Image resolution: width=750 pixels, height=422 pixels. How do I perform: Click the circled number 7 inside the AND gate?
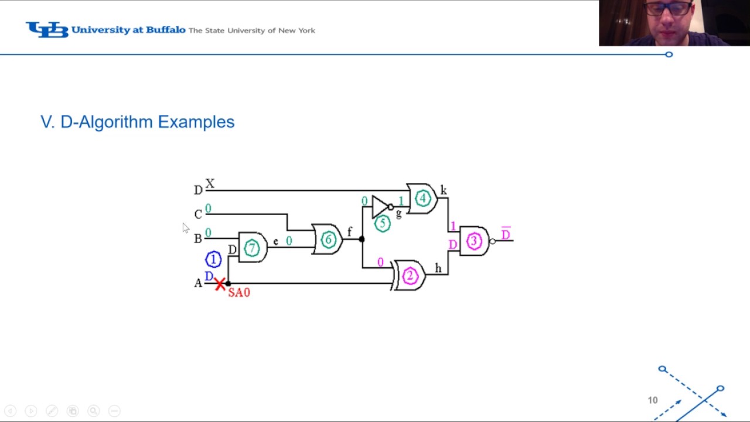[x=252, y=248]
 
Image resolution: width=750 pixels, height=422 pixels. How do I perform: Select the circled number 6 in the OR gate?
[x=328, y=240]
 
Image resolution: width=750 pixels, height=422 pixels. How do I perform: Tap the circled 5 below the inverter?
[x=383, y=224]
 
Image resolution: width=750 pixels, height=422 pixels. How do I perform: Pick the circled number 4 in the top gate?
[x=422, y=199]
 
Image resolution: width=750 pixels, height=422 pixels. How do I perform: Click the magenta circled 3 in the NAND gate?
[x=474, y=241]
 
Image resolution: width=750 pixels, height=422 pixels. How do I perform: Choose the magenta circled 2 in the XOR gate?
[x=410, y=276]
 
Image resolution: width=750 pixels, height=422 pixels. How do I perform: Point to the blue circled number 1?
[x=213, y=259]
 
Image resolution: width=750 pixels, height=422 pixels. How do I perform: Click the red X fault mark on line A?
[x=220, y=284]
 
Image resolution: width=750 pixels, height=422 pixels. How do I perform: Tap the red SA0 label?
[x=239, y=292]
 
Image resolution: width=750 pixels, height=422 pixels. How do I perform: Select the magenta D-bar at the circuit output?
[x=506, y=233]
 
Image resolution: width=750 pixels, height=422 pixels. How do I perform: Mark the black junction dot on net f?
[x=362, y=239]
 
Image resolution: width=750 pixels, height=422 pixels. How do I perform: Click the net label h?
[x=438, y=268]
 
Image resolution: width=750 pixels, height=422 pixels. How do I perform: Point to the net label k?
[x=444, y=190]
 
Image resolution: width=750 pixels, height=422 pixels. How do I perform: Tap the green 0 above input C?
[x=208, y=208]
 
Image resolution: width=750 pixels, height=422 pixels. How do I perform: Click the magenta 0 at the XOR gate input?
[x=380, y=262]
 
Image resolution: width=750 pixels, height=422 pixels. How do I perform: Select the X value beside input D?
[x=210, y=183]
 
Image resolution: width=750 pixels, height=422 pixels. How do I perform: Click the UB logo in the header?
[x=47, y=29]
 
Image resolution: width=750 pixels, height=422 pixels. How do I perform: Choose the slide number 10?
[x=653, y=400]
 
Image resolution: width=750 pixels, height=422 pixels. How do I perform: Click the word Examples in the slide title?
[x=196, y=121]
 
